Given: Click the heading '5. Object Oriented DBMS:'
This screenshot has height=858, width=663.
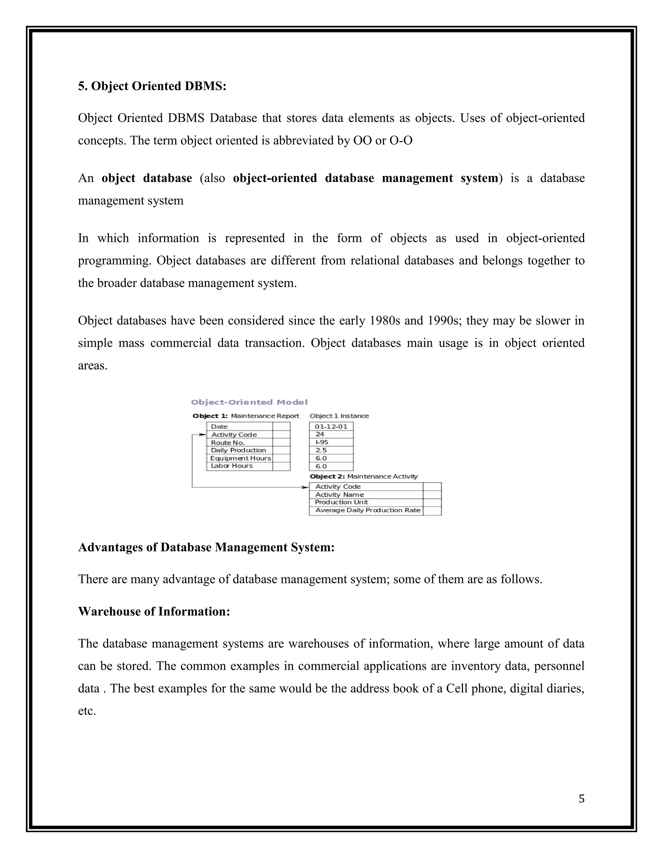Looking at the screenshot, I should [152, 86].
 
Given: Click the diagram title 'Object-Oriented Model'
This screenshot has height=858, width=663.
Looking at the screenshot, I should [249, 402].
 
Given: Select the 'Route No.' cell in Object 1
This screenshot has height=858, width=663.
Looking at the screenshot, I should [228, 442].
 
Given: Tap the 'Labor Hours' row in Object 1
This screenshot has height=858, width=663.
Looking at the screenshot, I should [232, 466].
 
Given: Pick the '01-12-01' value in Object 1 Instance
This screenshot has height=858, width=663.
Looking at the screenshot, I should [331, 426].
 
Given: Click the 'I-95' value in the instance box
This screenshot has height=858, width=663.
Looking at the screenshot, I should [322, 442].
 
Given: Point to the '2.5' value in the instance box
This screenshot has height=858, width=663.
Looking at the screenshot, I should [321, 450].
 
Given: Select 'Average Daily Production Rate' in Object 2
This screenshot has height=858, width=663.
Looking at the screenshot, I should [368, 510].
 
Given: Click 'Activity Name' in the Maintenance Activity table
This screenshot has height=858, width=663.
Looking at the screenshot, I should [339, 495].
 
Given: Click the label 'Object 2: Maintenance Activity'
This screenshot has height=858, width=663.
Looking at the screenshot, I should [364, 476].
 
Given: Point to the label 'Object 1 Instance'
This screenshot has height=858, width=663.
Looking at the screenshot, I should [339, 416].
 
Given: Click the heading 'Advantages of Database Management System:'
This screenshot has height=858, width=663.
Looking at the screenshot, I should [206, 547].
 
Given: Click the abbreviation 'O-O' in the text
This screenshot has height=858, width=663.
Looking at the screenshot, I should [401, 140].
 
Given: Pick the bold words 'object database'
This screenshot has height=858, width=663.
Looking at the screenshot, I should [147, 178].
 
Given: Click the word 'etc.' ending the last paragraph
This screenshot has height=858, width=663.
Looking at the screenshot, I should [87, 711].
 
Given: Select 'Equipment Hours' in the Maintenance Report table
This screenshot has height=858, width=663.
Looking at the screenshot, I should [241, 458].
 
